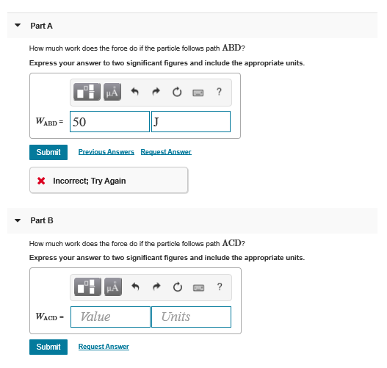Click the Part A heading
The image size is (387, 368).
[x=41, y=26]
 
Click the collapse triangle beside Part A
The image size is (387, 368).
[x=18, y=26]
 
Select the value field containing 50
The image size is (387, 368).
[x=109, y=121]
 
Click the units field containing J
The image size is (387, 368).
[x=190, y=121]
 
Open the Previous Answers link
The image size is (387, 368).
[x=106, y=152]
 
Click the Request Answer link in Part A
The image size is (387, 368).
[x=166, y=152]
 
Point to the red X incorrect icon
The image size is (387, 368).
[x=43, y=181]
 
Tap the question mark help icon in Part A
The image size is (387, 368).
[x=220, y=92]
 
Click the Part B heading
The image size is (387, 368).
[x=41, y=220]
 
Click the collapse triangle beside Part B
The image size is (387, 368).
[x=18, y=220]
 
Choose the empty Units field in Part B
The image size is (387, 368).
[x=191, y=317]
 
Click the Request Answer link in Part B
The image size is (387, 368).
[x=104, y=347]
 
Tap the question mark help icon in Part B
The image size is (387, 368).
[x=220, y=286]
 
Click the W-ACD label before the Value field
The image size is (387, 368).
[x=49, y=317]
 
